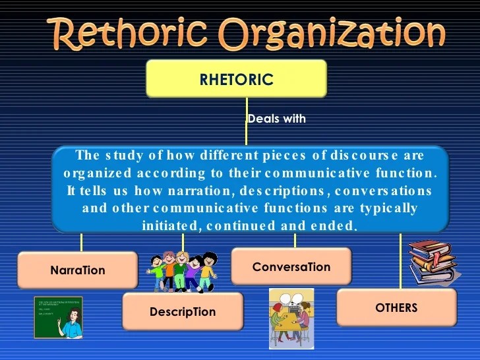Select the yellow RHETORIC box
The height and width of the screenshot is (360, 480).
[236, 79]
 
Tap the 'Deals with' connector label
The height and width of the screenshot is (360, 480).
[276, 119]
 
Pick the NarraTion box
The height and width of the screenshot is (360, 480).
[77, 270]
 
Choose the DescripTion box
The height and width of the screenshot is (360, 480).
[183, 311]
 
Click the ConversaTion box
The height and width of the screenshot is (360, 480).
[291, 267]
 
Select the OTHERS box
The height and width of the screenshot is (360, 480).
[396, 307]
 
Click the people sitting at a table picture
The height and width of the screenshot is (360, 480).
[291, 318]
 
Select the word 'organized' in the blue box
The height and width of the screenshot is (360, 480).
[93, 173]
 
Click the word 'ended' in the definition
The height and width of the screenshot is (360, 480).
[338, 225]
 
